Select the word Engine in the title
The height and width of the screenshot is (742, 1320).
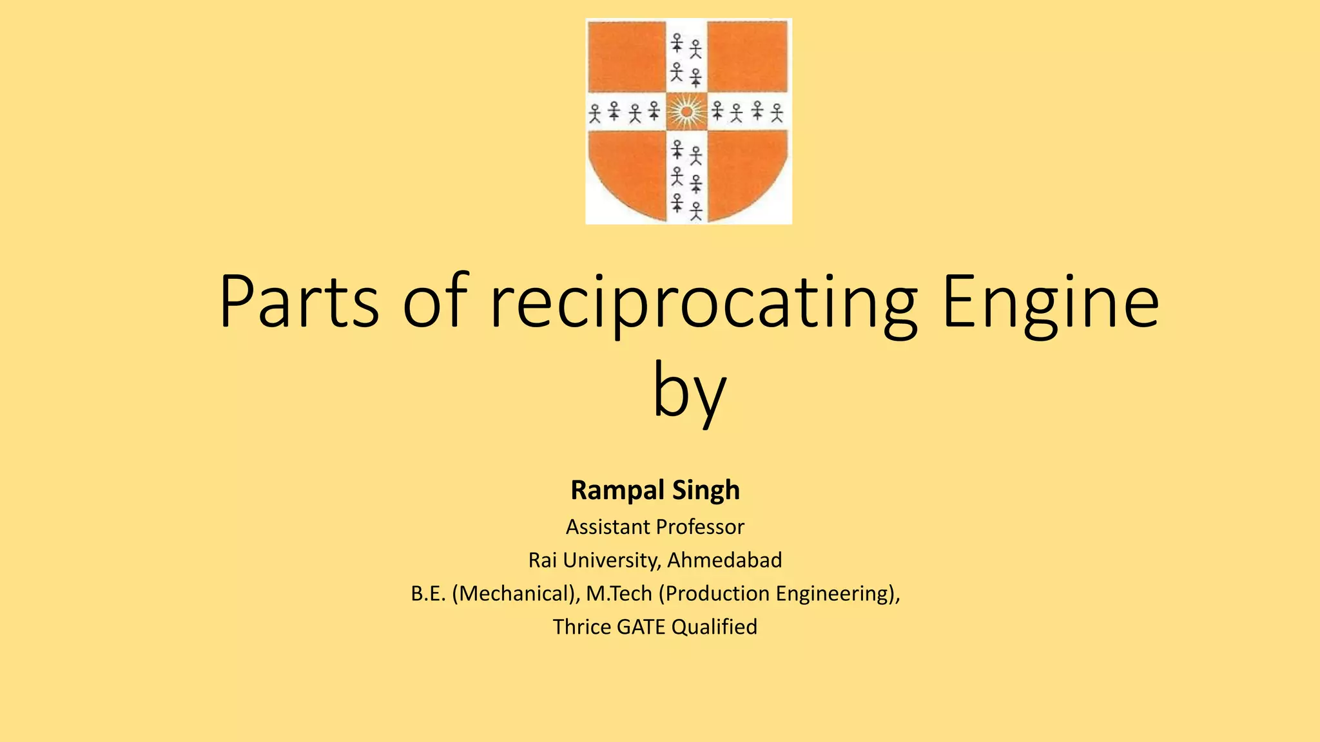(x=1051, y=303)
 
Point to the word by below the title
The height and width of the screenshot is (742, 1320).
(x=689, y=390)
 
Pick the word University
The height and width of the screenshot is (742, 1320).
(x=611, y=560)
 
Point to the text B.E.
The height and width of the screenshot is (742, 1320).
(x=428, y=593)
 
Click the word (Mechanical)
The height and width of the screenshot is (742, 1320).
(x=516, y=593)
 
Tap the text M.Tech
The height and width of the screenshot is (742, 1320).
(x=619, y=593)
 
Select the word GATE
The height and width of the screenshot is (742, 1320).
(x=641, y=627)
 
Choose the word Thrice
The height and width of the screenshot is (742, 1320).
(x=581, y=627)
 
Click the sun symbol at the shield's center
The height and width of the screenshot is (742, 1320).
(x=687, y=112)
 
